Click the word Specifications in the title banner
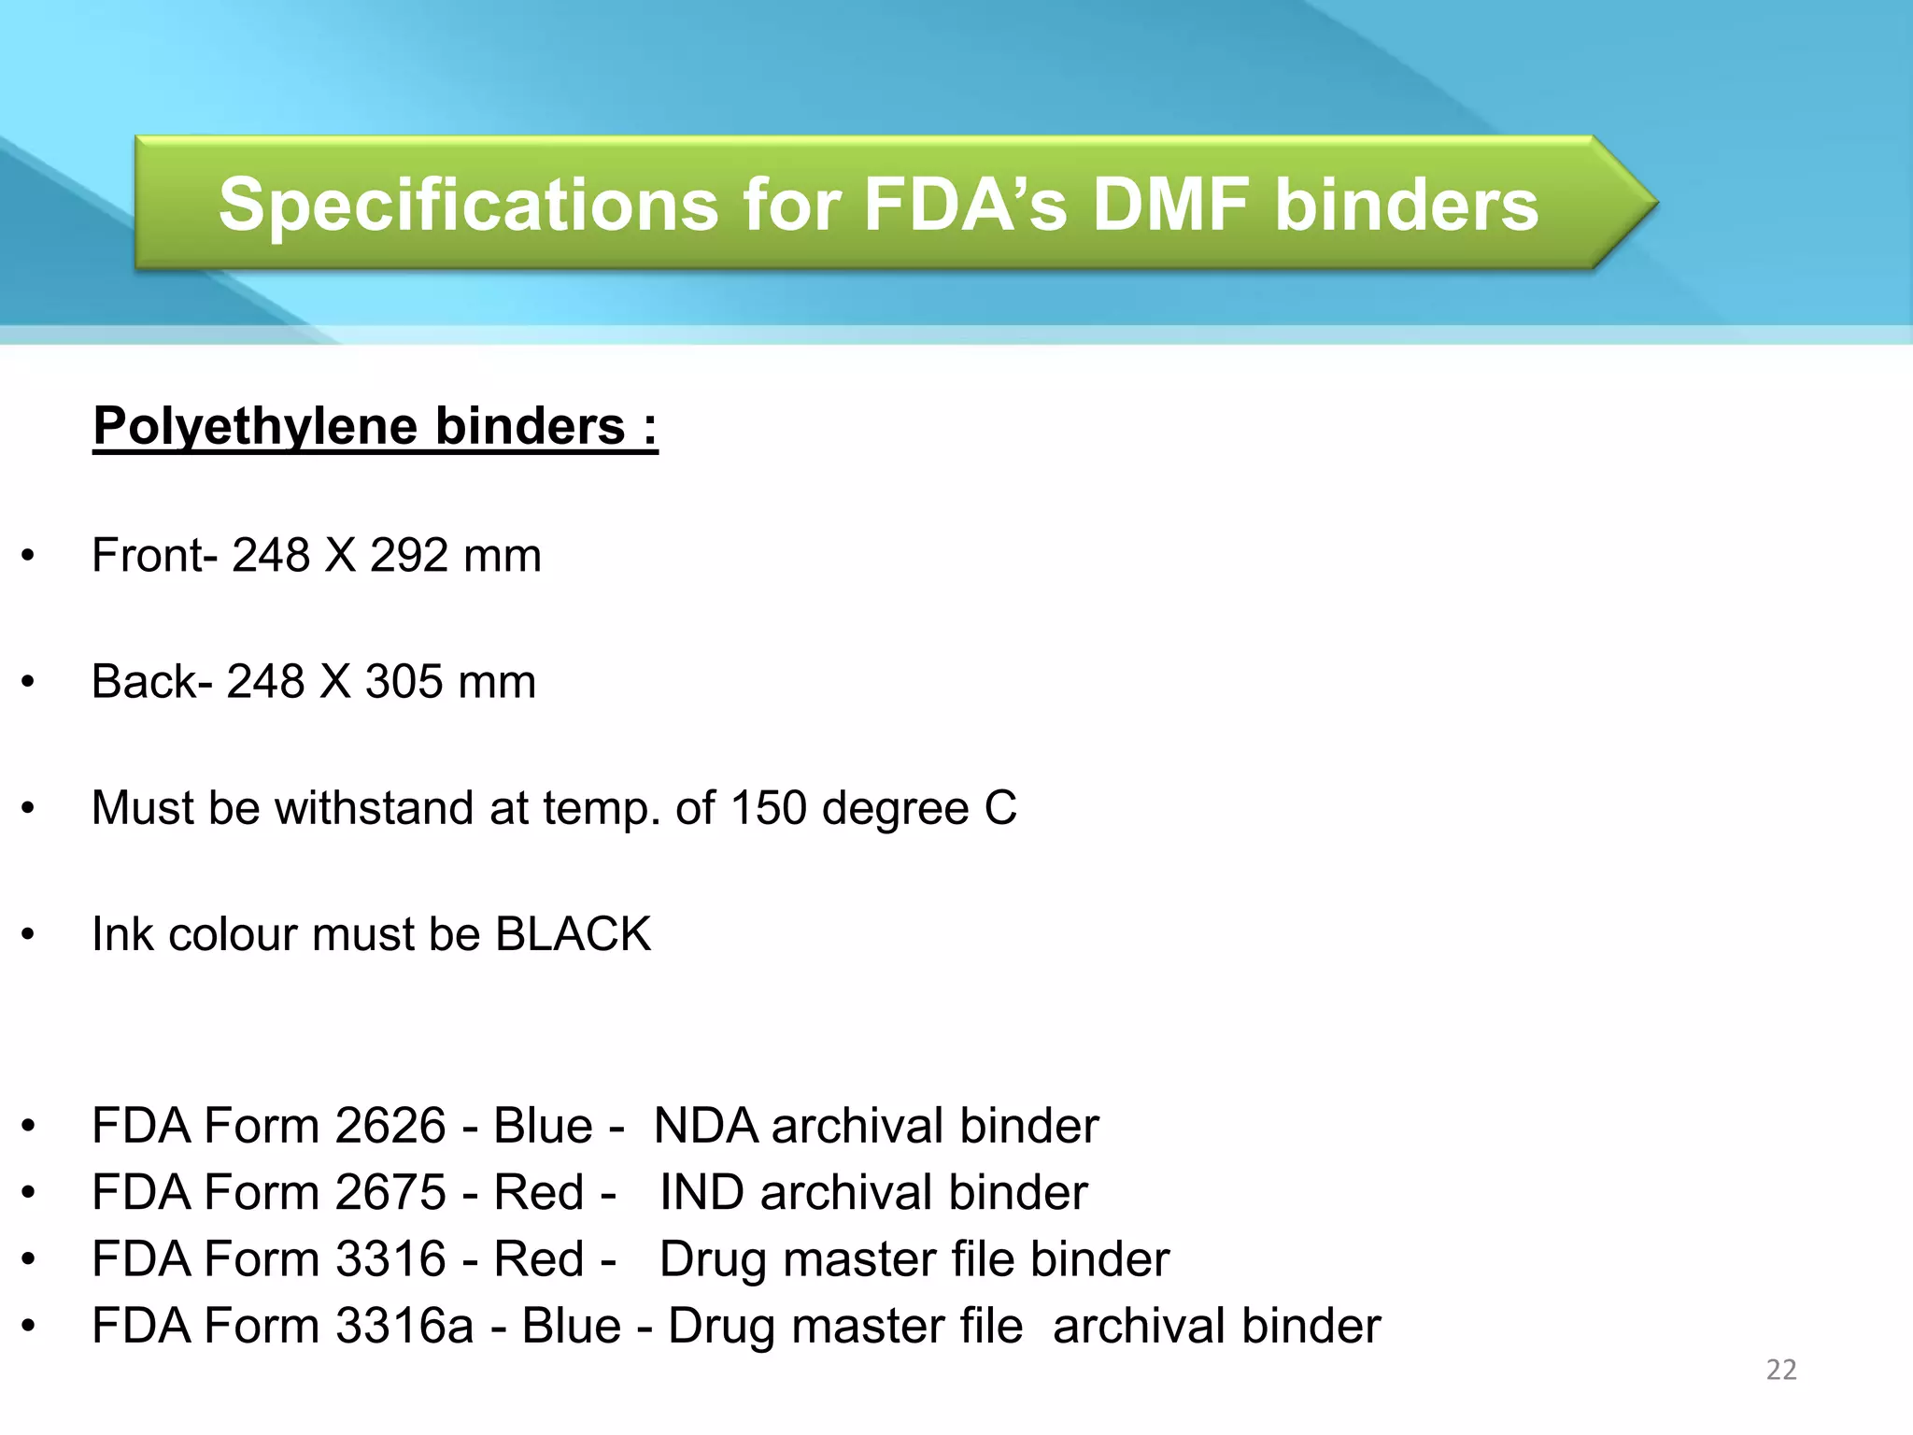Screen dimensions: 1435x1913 [468, 206]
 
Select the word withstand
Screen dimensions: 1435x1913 [375, 808]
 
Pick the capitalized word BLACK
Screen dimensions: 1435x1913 [573, 934]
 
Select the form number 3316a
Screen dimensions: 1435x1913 [404, 1327]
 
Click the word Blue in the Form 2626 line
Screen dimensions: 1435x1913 [543, 1126]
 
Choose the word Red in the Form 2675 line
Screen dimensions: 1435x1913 [538, 1193]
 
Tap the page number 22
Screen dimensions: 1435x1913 [1781, 1370]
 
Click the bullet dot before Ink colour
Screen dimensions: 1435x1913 [29, 934]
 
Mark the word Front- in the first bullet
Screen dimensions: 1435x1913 [154, 556]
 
